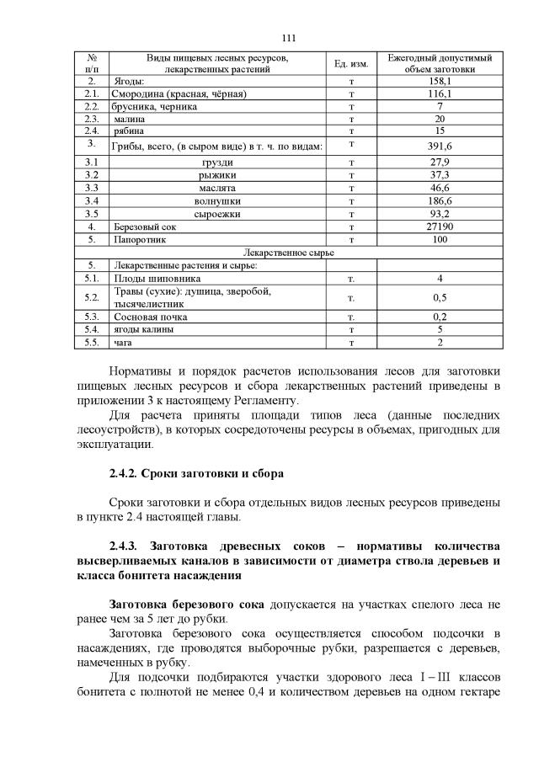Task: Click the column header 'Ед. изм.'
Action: point(349,63)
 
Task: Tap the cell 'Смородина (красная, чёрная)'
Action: point(179,94)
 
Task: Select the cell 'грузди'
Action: point(218,162)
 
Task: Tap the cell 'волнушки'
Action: point(218,202)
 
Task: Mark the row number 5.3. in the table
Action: point(92,317)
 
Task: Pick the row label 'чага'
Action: point(123,343)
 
